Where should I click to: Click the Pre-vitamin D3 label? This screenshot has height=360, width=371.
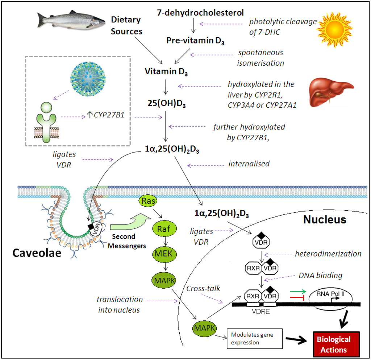click(x=195, y=41)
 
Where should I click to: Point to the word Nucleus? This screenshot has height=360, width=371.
click(x=325, y=219)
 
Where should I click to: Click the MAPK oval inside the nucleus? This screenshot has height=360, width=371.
click(x=204, y=328)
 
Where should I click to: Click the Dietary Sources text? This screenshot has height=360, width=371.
click(x=126, y=25)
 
